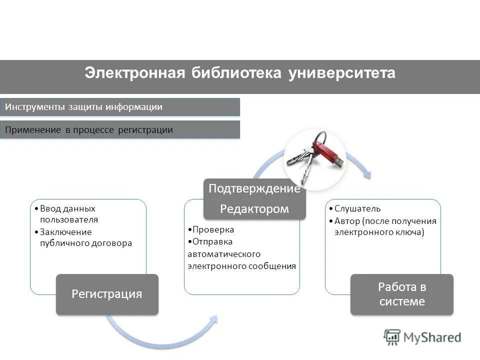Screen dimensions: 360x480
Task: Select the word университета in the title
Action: tap(341, 73)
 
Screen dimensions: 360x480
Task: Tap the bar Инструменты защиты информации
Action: tap(120, 107)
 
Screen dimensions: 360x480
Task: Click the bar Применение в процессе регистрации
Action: tap(120, 130)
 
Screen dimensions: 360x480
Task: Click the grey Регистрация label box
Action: tap(107, 294)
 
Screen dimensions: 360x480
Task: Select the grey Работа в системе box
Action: tap(401, 294)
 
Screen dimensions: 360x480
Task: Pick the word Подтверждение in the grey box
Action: tap(254, 188)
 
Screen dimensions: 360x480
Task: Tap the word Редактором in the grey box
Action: tap(254, 209)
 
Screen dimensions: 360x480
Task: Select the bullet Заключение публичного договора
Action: tap(85, 237)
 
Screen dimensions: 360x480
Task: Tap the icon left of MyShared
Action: tap(392, 337)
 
